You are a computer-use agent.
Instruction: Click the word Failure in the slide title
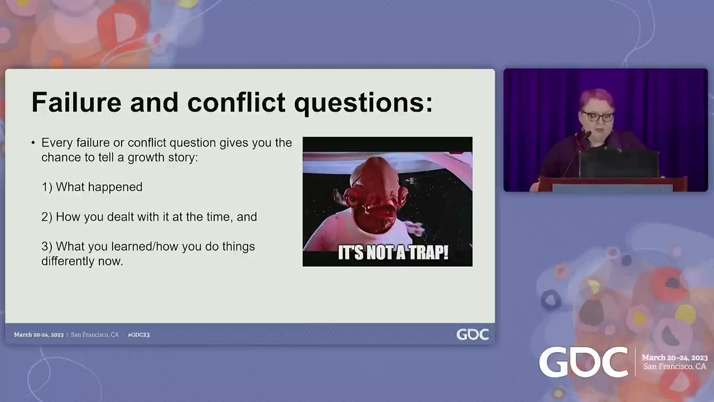tap(76, 102)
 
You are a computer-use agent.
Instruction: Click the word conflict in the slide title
tap(236, 102)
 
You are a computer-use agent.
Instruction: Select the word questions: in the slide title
tap(363, 104)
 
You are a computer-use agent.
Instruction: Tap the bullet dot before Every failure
tap(33, 142)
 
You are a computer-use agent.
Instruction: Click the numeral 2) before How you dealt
tap(47, 217)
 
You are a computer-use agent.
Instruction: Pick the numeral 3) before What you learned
tap(47, 247)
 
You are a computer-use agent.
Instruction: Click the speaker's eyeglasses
tap(597, 117)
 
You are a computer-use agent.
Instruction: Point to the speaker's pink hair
tap(597, 98)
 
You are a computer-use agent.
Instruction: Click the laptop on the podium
tap(619, 164)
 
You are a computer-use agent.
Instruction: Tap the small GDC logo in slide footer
tap(472, 334)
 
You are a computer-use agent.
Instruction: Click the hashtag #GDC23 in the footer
tap(139, 334)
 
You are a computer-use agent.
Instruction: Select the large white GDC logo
tap(583, 362)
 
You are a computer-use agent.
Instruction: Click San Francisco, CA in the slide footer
tap(95, 334)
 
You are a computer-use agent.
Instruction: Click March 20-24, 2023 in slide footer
tap(38, 334)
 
